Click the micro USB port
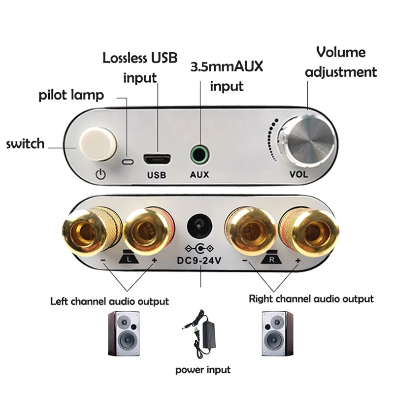[157, 160]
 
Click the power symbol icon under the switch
[100, 174]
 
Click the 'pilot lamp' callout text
[71, 95]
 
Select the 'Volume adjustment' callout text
[341, 62]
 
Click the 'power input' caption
[203, 369]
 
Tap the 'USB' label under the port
[157, 175]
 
